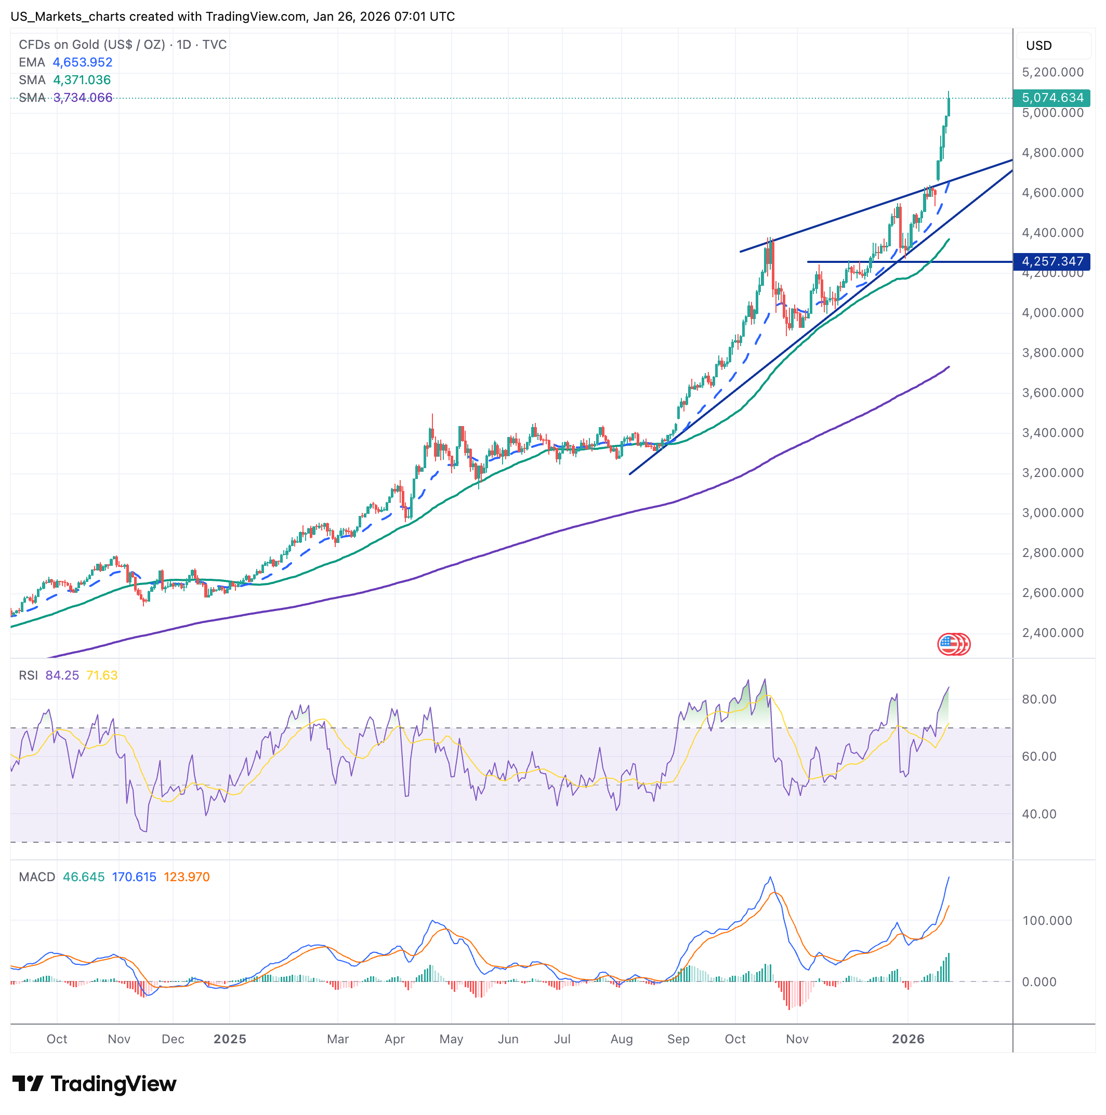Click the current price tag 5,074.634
[x=1052, y=98]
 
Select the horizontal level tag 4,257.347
[x=1052, y=261]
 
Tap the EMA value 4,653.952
[x=83, y=62]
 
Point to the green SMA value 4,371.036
[x=82, y=79]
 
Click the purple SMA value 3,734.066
[x=83, y=98]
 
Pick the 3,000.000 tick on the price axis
[x=1052, y=512]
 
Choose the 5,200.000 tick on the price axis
[x=1052, y=72]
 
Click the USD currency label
[x=1038, y=46]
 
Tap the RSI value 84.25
[x=62, y=675]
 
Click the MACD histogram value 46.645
[x=84, y=877]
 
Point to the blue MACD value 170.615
[x=134, y=877]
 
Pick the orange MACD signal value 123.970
[x=187, y=877]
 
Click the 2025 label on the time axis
[x=230, y=1039]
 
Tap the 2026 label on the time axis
[x=908, y=1039]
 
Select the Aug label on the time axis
[x=622, y=1039]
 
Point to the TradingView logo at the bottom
[x=94, y=1083]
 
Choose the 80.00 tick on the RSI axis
[x=1039, y=699]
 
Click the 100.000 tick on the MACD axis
[x=1047, y=921]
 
